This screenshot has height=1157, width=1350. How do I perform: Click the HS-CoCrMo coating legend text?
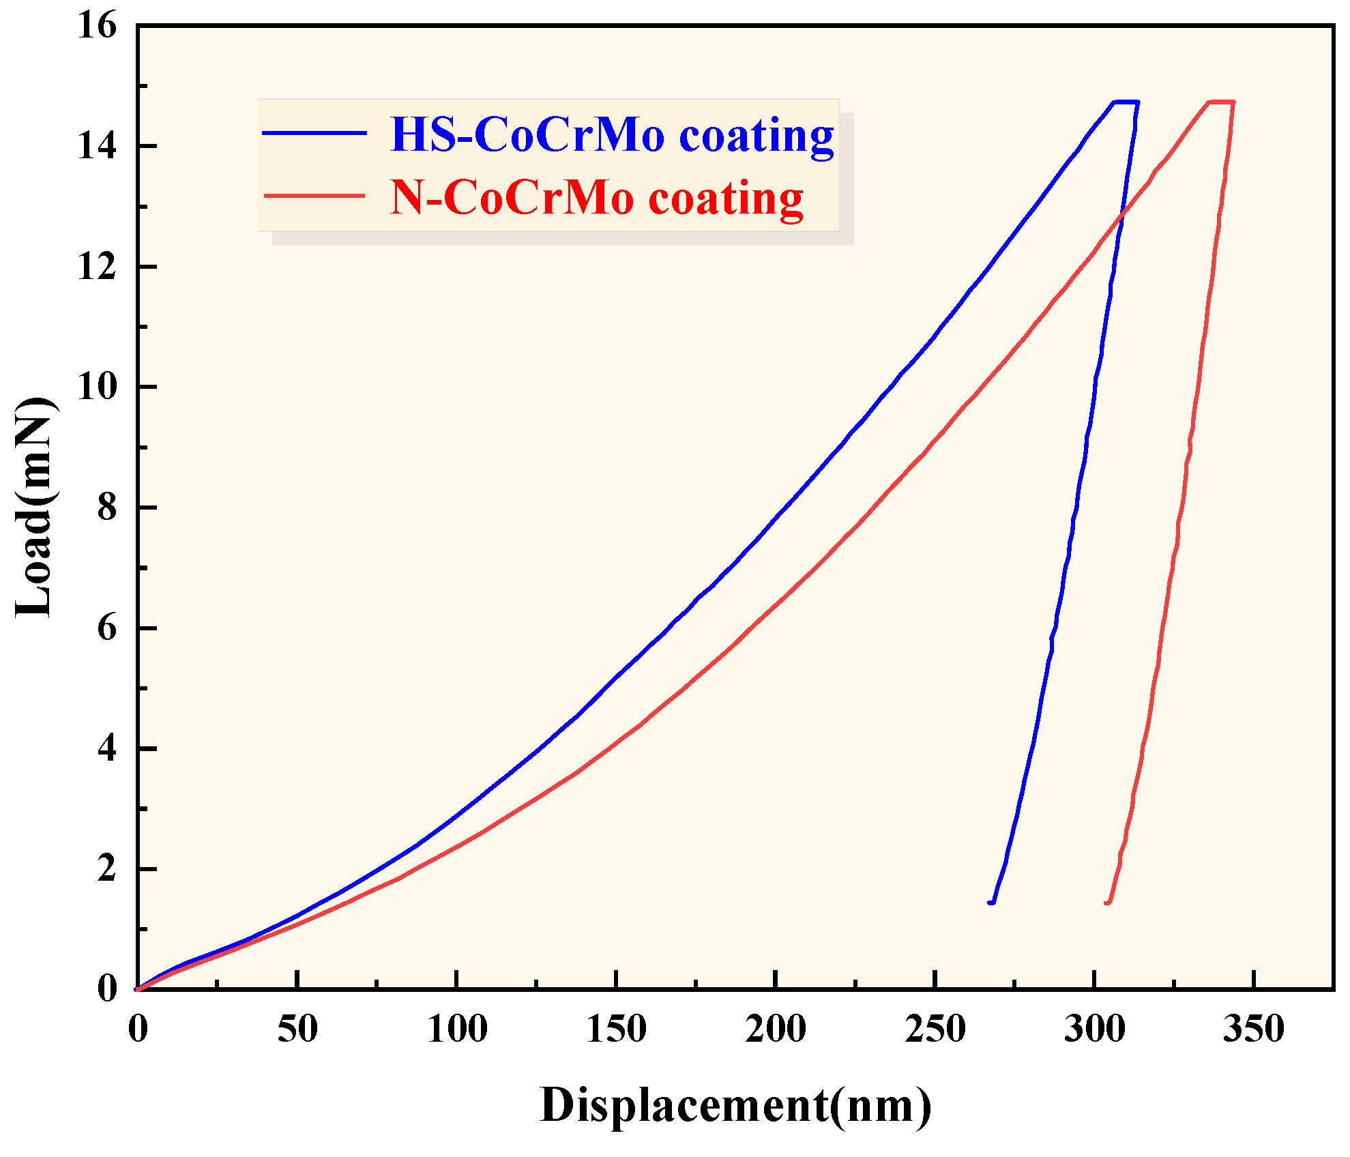[x=612, y=134]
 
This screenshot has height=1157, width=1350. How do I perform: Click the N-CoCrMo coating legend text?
[x=597, y=198]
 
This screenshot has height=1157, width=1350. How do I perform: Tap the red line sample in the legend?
[x=314, y=196]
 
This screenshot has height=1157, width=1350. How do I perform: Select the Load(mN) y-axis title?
[x=34, y=507]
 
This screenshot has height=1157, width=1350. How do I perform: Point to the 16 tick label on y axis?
[x=97, y=27]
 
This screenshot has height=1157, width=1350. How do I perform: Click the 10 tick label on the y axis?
[x=97, y=387]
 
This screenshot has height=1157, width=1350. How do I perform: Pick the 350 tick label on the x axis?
[x=1253, y=1028]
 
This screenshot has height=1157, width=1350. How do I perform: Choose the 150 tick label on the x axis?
[x=616, y=1028]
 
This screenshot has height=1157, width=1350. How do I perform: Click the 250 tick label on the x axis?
[x=935, y=1028]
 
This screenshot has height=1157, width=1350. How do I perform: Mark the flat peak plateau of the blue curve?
[x=1126, y=102]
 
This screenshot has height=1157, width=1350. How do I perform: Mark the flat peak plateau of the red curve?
[x=1221, y=102]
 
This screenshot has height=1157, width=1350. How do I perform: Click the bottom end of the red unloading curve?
[x=1108, y=902]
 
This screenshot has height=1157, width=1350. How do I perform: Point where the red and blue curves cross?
[x=1121, y=216]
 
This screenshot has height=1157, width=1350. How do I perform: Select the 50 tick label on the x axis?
[x=297, y=1028]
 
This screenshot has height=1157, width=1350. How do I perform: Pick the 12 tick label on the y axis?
[x=97, y=267]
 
